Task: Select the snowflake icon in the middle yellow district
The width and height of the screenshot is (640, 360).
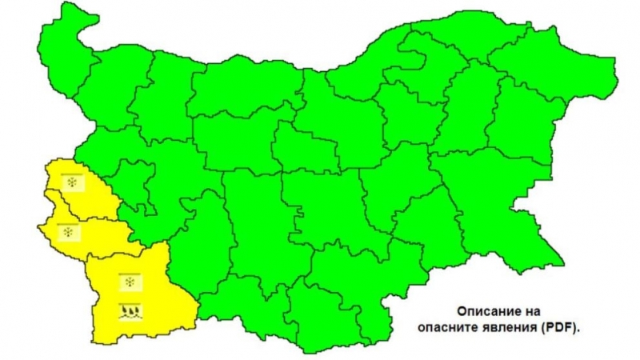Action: click(x=70, y=233)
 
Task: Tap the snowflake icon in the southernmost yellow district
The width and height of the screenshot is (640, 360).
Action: click(x=129, y=281)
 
